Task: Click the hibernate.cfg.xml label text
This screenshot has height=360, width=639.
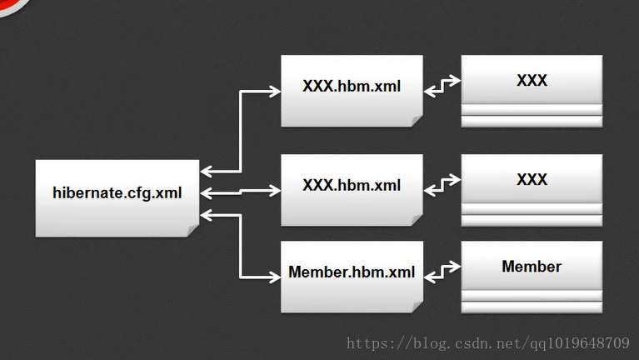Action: [117, 193]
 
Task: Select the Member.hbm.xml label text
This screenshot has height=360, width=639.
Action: [351, 272]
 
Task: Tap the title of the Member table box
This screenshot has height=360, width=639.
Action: [532, 267]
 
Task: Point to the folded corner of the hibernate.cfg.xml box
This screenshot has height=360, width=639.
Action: [192, 230]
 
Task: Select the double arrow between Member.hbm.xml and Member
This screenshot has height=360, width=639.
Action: [442, 271]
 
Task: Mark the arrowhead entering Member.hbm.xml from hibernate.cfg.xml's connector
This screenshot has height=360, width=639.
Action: [275, 275]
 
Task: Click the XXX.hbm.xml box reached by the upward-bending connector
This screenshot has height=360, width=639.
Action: [351, 87]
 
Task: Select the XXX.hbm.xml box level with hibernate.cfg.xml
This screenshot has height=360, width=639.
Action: [351, 186]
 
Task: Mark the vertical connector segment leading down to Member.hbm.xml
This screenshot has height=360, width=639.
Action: [241, 246]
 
